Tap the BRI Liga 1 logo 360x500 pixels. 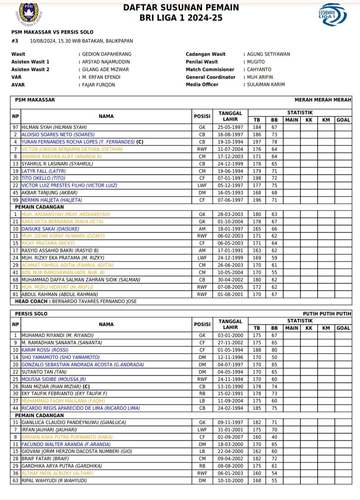(x=332, y=15)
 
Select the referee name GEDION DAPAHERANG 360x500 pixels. (x=106, y=54)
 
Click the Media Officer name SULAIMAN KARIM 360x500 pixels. (x=266, y=84)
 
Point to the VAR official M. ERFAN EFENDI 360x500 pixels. (x=101, y=77)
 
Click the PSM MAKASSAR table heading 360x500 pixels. (x=35, y=100)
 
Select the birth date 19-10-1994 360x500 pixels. (x=230, y=142)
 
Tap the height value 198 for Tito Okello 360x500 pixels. (x=257, y=178)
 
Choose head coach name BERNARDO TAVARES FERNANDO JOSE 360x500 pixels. (x=94, y=301)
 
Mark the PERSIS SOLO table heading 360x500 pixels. (x=31, y=314)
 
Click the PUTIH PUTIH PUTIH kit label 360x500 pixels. (x=327, y=314)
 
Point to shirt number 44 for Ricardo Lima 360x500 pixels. (x=15, y=408)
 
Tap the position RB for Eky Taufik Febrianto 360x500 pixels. (x=202, y=394)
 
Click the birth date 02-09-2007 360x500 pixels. (x=230, y=437)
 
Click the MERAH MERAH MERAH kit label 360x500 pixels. (x=323, y=100)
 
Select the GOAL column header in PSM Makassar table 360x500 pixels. (x=343, y=120)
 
